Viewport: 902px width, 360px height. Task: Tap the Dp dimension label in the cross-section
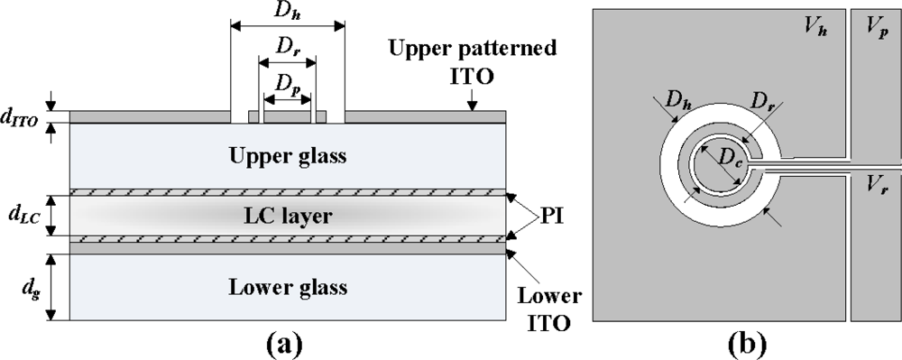pos(287,82)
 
